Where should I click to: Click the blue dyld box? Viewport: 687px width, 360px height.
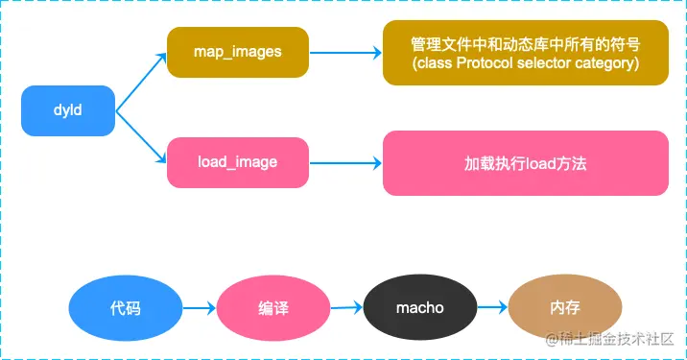(x=68, y=110)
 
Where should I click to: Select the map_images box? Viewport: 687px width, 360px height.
(x=238, y=52)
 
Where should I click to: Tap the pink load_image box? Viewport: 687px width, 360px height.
(x=238, y=162)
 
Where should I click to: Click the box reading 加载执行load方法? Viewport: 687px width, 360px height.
(x=526, y=163)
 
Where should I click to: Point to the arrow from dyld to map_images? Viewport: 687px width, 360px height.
(x=141, y=82)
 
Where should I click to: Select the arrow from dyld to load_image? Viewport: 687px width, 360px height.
(x=141, y=137)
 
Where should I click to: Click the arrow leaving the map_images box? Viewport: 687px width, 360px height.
(x=345, y=53)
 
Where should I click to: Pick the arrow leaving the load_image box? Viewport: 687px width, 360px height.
(x=345, y=163)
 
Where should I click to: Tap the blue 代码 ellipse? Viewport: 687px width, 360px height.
(x=126, y=308)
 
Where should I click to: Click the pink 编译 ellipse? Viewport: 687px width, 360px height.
(x=272, y=308)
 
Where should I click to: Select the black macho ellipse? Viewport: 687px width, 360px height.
(x=420, y=307)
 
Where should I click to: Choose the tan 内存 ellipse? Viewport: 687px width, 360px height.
(x=565, y=307)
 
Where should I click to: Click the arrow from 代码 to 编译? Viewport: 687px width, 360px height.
(x=200, y=308)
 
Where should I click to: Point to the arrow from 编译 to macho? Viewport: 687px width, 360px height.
(x=346, y=307)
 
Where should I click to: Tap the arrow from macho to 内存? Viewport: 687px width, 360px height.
(x=492, y=307)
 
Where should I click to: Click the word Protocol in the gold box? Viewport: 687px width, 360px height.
(x=485, y=63)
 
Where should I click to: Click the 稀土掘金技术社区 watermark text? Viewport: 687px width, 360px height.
(x=609, y=339)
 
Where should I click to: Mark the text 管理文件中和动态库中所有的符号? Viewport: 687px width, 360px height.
(x=526, y=44)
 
